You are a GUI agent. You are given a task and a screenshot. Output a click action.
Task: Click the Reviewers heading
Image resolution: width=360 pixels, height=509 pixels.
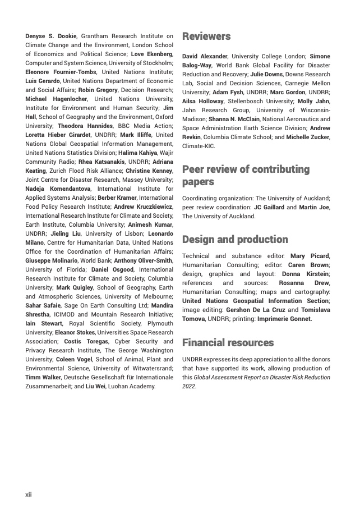[206, 37]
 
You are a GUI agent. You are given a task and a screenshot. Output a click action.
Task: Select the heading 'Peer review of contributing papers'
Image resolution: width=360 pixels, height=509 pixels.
[246, 176]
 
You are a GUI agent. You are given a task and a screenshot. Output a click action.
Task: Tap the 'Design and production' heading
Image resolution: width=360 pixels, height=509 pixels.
[235, 240]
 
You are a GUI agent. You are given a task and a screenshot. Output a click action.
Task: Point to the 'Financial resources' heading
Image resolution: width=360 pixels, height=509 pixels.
[228, 342]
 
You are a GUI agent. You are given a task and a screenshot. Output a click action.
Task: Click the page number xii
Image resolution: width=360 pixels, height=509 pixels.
[29, 494]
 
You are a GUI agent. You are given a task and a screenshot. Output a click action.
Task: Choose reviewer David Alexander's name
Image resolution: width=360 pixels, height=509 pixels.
[205, 57]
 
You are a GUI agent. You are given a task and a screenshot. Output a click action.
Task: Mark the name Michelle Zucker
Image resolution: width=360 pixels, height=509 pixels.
[309, 137]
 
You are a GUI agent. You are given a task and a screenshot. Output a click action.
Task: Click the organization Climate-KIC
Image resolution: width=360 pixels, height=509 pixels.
[199, 146]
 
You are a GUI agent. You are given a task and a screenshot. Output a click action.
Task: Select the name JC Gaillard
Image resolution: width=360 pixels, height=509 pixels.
[269, 207]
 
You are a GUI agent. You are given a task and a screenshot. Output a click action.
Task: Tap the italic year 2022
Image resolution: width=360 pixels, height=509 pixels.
[188, 386]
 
